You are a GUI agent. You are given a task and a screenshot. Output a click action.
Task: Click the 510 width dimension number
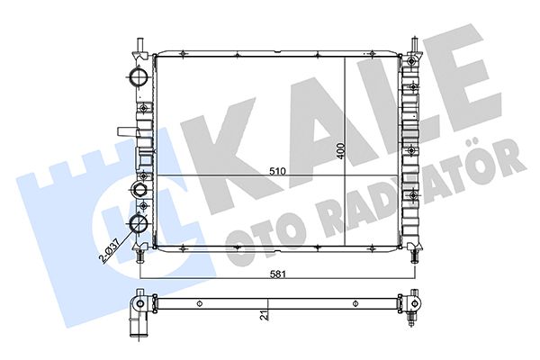pos(277,171)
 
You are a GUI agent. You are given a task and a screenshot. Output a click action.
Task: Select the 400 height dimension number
pos(341,151)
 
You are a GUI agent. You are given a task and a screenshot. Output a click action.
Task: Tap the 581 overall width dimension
pos(277,274)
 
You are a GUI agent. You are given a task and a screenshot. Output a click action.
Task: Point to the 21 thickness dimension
pos(264,315)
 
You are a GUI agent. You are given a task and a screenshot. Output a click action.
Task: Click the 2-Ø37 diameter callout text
pos(109,251)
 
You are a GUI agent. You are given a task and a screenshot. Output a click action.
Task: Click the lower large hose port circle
pos(139,223)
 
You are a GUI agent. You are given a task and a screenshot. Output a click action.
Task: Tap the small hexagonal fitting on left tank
pos(139,189)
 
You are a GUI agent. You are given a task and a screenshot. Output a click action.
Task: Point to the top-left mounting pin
pos(140,45)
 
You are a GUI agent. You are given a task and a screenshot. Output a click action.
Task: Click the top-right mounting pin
pos(415,45)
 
